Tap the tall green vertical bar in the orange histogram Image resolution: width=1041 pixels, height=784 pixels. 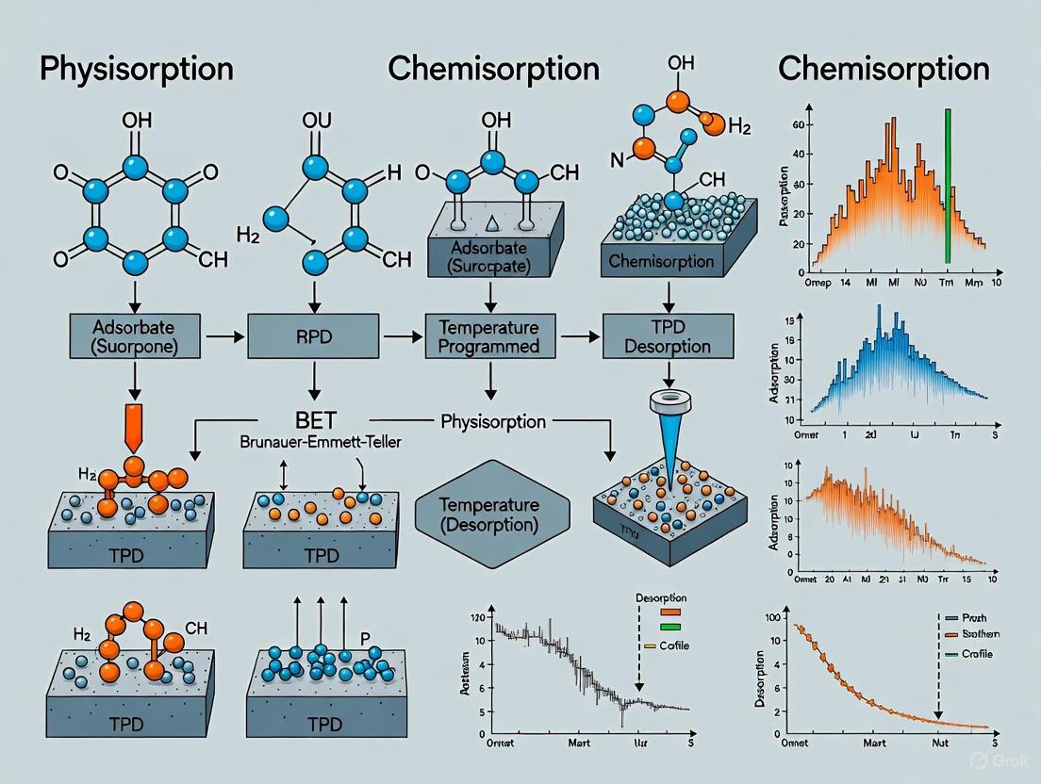[x=948, y=186]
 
